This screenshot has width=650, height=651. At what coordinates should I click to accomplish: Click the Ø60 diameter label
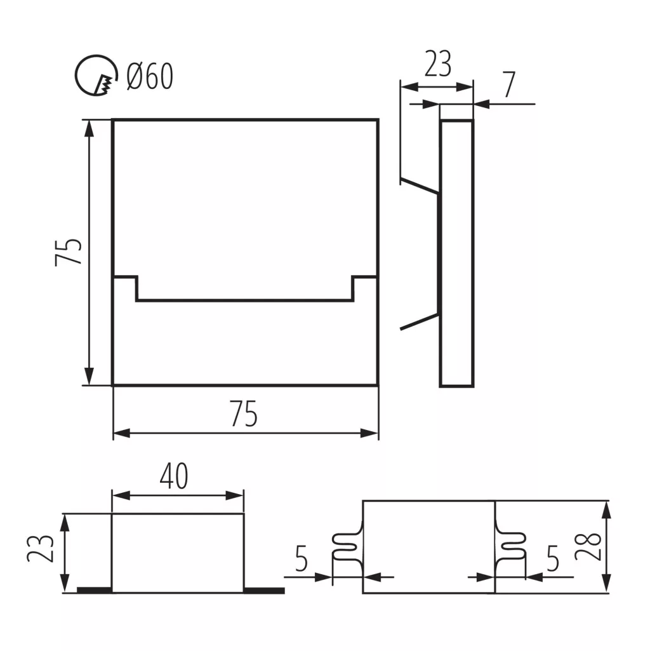pos(149,76)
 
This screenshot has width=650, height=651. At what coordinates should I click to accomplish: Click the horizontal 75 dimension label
pos(244,413)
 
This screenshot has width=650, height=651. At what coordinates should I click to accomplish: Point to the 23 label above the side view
pos(438,64)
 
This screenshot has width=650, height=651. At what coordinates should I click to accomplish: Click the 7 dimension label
pos(510,84)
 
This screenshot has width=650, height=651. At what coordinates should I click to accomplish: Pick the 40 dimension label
pos(174,476)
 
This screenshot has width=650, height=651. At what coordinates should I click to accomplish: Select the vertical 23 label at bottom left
pos(40,549)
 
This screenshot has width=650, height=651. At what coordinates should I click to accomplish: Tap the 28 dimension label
pos(588,546)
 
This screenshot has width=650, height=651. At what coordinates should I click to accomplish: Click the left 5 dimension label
pos(302,558)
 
